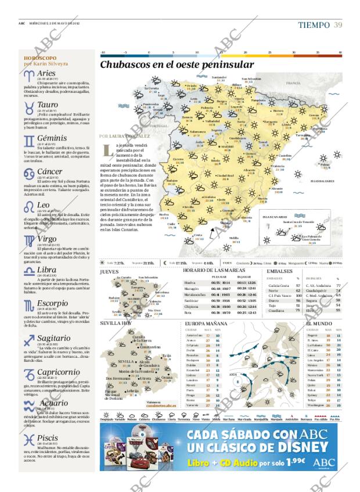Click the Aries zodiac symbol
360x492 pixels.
28,75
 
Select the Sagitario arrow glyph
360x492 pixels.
28,339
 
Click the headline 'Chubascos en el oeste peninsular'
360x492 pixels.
177,65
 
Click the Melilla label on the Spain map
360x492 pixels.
233,237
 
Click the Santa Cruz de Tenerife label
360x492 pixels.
282,221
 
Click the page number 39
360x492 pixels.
337,24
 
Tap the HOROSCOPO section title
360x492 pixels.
40,59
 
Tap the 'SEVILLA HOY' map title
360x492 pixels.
116,323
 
